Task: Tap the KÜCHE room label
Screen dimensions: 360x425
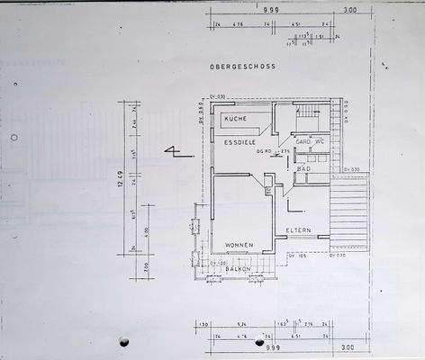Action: [x=236, y=119]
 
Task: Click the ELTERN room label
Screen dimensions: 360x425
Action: [x=298, y=230]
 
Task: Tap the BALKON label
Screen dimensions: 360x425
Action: [x=239, y=269]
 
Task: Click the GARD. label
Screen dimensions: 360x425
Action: [x=303, y=142]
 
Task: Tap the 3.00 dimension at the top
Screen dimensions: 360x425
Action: [x=350, y=11]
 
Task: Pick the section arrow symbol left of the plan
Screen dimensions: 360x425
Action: [x=172, y=151]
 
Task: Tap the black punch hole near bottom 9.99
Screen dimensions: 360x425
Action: [x=260, y=342]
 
